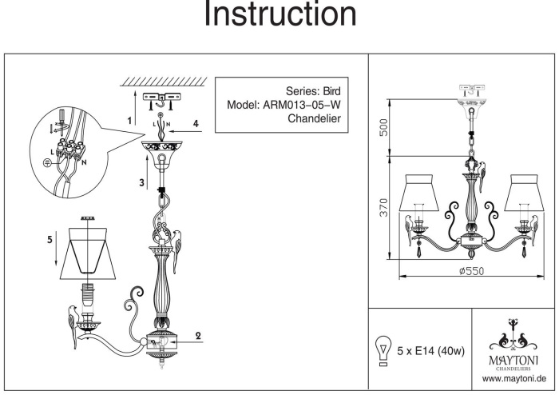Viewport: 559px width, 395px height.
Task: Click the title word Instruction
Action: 279,15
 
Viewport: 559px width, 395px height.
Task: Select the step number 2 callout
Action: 197,337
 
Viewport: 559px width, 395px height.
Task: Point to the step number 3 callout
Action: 141,183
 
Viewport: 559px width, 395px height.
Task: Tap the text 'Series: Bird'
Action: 314,90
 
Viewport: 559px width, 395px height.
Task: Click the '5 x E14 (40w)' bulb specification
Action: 432,350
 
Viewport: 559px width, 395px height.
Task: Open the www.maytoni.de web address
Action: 514,376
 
